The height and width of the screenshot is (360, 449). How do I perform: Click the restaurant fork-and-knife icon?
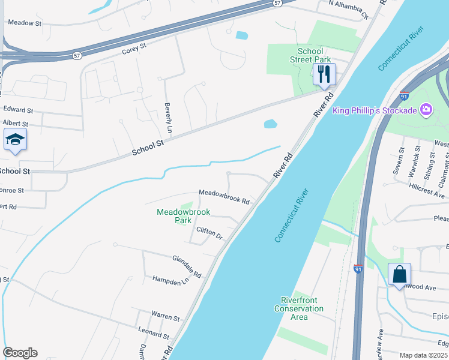coord(324,74)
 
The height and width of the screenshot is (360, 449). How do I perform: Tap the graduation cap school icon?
coord(16,140)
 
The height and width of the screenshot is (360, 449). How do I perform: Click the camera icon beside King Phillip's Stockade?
coord(426,109)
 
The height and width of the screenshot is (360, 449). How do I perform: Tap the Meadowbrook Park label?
coord(182,216)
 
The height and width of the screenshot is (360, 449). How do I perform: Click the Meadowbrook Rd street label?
coord(224,196)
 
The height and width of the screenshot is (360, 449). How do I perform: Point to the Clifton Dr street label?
coord(209,233)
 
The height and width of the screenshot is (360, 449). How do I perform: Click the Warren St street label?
coord(165,316)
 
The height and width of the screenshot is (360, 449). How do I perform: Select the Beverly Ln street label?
coord(169,118)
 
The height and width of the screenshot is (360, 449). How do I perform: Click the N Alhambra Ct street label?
coord(348,10)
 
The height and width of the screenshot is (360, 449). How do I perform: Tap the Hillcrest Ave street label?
coord(427,191)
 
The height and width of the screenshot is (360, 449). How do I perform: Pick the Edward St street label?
coord(18,110)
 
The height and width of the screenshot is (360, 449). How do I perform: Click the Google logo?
coord(20,353)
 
